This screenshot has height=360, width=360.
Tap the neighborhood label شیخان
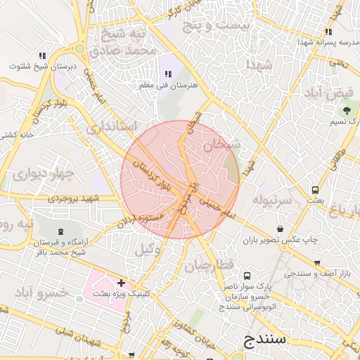222,146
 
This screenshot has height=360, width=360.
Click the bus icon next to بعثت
315,190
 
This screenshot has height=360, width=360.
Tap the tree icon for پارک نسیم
345,110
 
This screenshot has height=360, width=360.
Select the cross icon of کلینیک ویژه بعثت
121,282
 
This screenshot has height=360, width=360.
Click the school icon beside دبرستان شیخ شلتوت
43,56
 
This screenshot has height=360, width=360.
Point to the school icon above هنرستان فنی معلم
168,73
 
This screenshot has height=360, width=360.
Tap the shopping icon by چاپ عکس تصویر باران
281,229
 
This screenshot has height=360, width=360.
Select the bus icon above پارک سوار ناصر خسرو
247,276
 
